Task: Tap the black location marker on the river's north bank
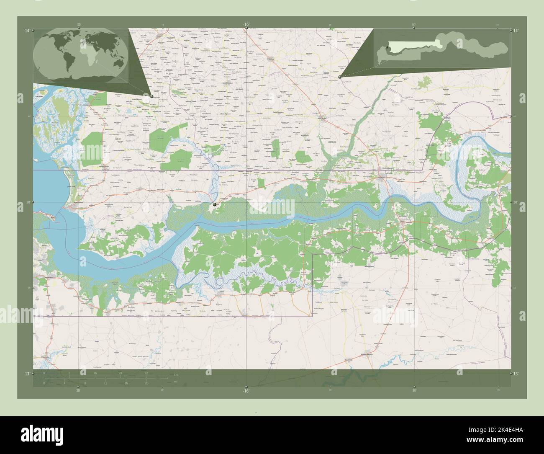pyautogui.click(x=215, y=204)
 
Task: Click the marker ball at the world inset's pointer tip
pyautogui.click(x=151, y=96)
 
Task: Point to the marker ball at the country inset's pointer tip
pyautogui.click(x=340, y=77)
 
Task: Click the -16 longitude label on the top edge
pyautogui.click(x=246, y=24)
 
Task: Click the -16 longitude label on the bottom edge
pyautogui.click(x=246, y=391)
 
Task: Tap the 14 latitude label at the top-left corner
pyautogui.click(x=27, y=31)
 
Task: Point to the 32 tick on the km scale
pyautogui.click(x=146, y=372)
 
